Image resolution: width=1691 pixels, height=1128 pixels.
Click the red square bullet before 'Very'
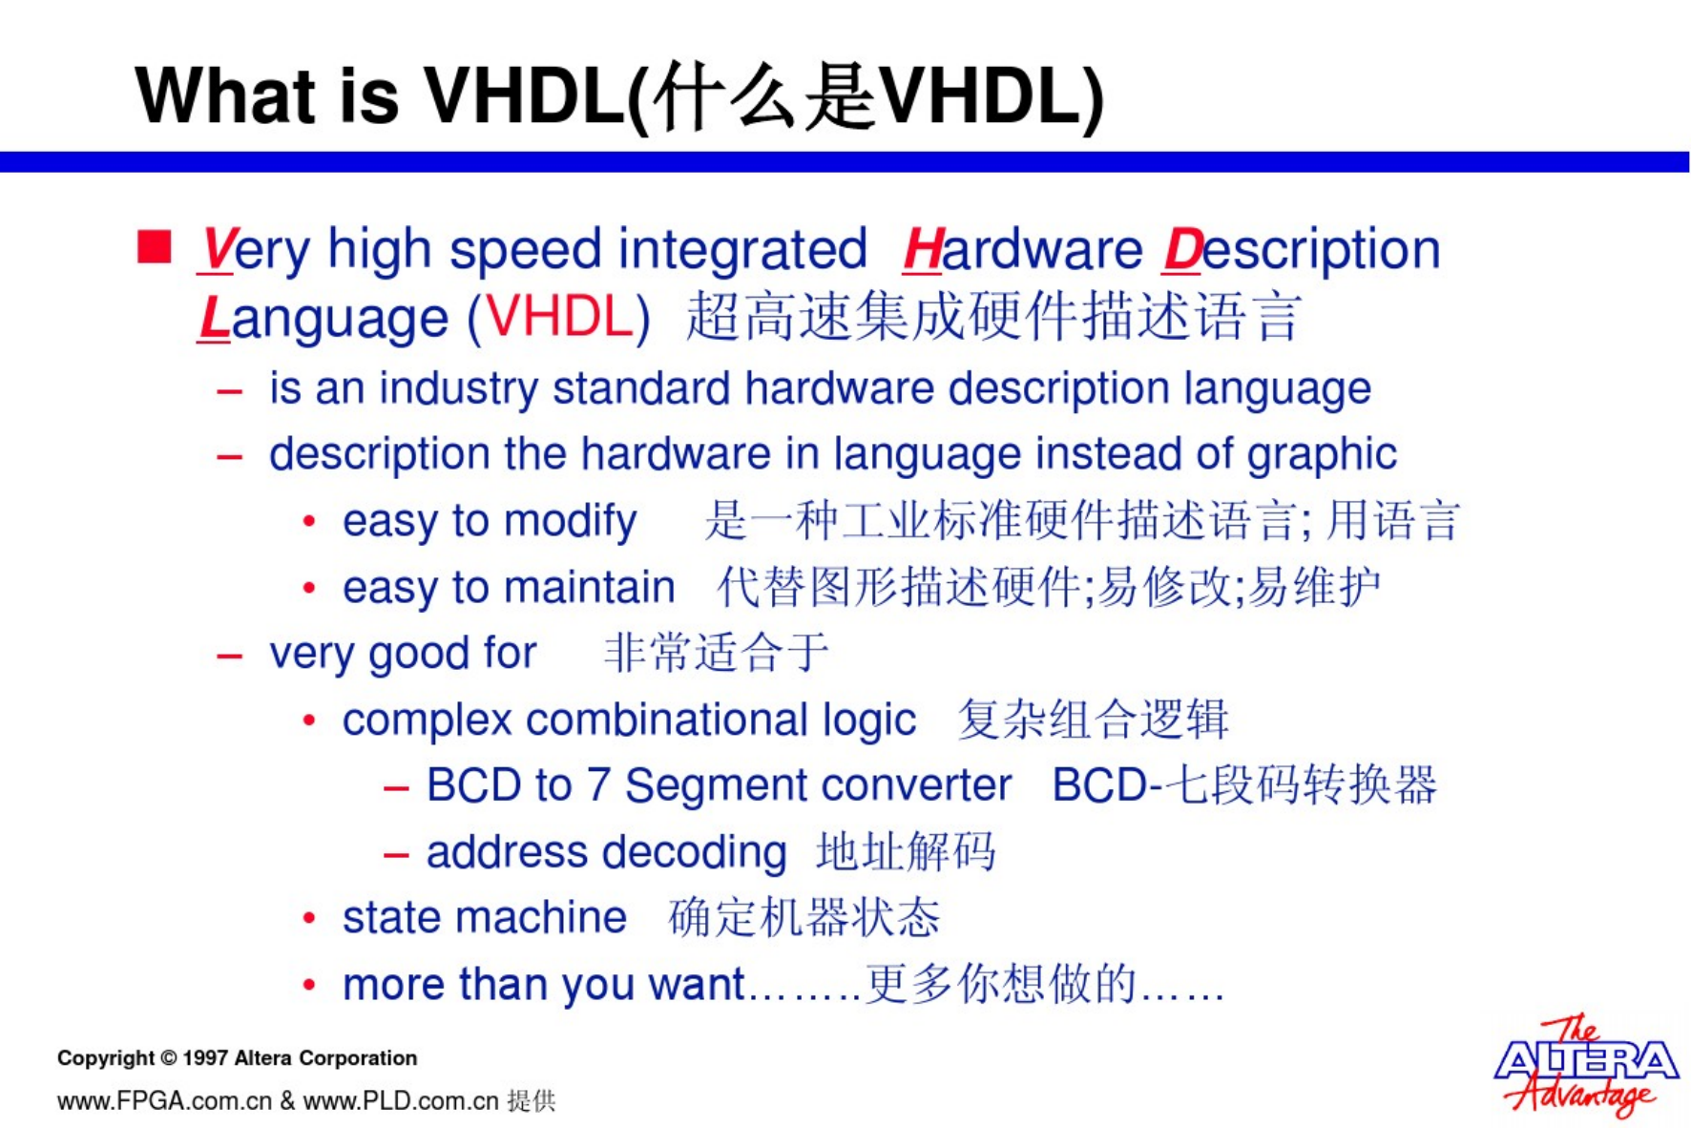tap(155, 246)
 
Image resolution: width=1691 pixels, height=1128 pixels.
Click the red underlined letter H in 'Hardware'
tap(923, 250)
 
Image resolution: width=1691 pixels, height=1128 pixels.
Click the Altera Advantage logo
tap(1585, 1064)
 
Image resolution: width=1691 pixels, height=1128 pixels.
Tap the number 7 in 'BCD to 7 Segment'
tap(597, 785)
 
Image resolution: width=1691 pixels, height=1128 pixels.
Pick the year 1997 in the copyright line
tap(204, 1058)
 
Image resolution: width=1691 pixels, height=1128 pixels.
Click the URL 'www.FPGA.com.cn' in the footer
tap(165, 1101)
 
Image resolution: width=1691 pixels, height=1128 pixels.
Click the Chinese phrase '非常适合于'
tap(716, 654)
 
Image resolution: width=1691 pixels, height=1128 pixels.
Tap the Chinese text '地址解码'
tap(906, 852)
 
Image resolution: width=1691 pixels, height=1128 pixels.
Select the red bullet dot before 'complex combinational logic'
tap(308, 721)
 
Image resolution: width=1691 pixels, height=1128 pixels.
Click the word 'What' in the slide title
tap(225, 96)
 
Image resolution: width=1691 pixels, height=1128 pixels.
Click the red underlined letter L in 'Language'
tap(214, 318)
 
